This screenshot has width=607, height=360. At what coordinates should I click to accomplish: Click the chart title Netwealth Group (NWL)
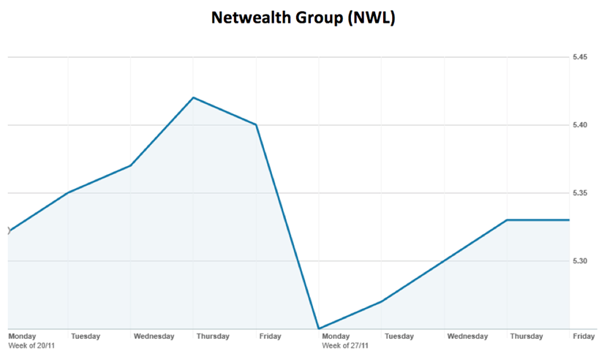[x=303, y=18]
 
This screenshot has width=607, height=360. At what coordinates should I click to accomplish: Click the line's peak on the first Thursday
[x=193, y=97]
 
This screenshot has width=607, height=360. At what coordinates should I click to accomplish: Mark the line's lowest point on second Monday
[x=319, y=329]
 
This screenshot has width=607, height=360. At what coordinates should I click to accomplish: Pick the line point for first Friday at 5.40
[x=256, y=124]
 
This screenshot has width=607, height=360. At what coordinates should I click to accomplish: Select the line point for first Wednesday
[x=131, y=165]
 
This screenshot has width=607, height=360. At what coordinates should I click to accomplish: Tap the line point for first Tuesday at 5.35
[x=68, y=192]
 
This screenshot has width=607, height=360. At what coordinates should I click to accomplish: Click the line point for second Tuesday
[x=382, y=301]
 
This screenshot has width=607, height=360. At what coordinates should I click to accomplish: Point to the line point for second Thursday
[x=507, y=220]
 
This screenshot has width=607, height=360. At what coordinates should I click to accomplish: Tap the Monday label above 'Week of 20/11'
[x=22, y=336]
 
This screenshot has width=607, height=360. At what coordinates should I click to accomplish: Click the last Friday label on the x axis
[x=583, y=336]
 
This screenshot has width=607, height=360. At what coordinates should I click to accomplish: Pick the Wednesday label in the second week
[x=467, y=336]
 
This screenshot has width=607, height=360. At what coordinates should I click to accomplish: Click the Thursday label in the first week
[x=213, y=336]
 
